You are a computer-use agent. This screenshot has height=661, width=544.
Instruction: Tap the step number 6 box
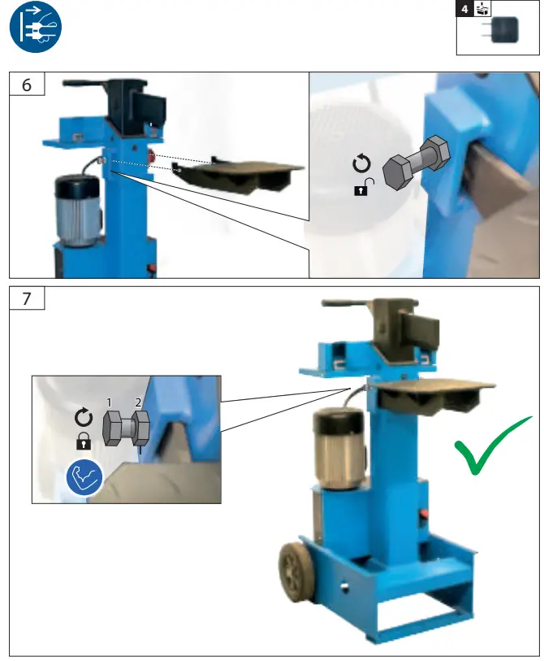coord(27,85)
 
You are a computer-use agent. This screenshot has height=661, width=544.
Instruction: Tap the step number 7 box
coord(27,298)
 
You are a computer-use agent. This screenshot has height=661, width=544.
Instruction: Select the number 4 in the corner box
coord(464,10)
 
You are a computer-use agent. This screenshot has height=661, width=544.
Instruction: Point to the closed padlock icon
coord(83,441)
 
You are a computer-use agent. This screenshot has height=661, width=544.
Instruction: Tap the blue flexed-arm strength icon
coord(83,479)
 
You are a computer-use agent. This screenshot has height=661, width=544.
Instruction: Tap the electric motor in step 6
coord(76,209)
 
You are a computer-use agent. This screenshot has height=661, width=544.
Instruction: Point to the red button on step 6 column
coord(150,155)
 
